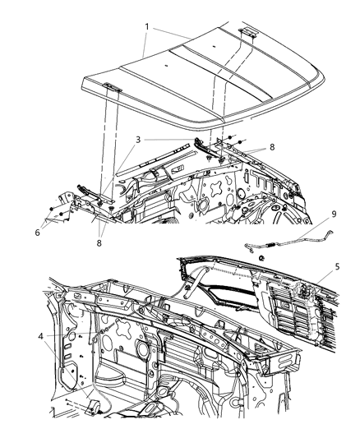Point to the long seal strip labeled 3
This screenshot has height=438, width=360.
[x=177, y=147]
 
